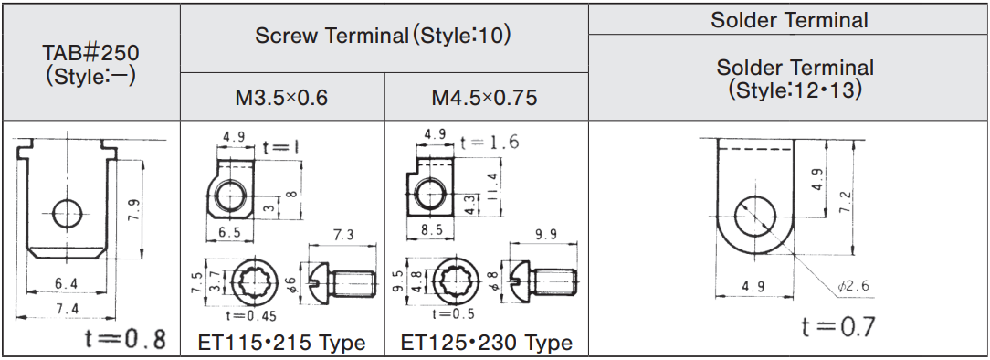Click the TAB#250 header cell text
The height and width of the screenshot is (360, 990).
(91, 65)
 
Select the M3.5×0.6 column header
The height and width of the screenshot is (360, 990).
(281, 98)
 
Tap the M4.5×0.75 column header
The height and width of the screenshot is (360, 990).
(484, 98)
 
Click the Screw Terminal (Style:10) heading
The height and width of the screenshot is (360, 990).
(382, 36)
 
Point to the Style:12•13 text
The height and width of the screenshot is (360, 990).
(795, 90)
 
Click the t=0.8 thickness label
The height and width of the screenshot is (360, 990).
(125, 339)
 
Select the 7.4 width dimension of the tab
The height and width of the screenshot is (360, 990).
(66, 309)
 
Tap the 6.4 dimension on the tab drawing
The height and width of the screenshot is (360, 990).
(66, 284)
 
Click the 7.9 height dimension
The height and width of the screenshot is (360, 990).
(134, 209)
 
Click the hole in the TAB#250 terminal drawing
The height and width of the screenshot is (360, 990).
(67, 214)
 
